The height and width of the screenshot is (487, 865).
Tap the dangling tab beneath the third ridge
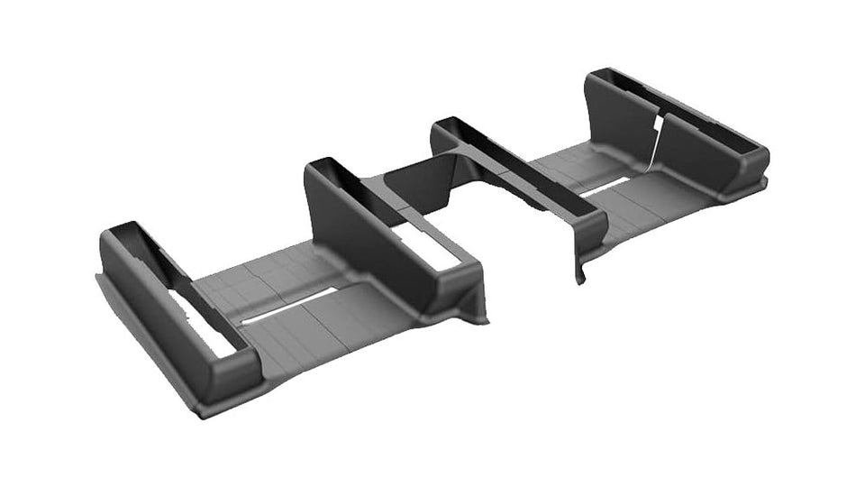pyautogui.click(x=579, y=266)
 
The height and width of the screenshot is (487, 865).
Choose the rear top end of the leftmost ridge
pyautogui.click(x=122, y=230)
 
